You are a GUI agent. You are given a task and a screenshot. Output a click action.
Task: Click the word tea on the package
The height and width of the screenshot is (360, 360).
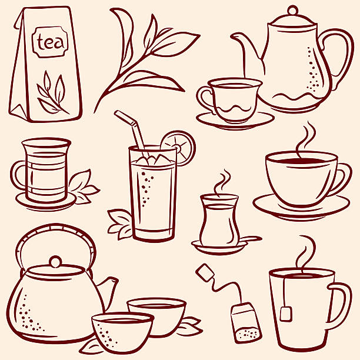point(50,42)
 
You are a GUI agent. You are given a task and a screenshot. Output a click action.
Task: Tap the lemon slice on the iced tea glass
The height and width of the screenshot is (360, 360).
point(178,148)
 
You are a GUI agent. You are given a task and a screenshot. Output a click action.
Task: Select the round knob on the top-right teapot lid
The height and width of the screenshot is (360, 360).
point(292,10)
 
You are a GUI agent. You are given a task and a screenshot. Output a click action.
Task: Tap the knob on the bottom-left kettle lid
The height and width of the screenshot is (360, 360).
point(55,262)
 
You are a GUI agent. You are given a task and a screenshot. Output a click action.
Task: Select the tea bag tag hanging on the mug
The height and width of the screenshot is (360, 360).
point(286,314)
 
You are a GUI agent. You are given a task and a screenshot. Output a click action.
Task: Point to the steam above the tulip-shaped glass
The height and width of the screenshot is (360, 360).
point(222,183)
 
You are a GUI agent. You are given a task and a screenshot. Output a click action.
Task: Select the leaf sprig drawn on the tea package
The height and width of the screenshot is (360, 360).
point(52,92)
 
